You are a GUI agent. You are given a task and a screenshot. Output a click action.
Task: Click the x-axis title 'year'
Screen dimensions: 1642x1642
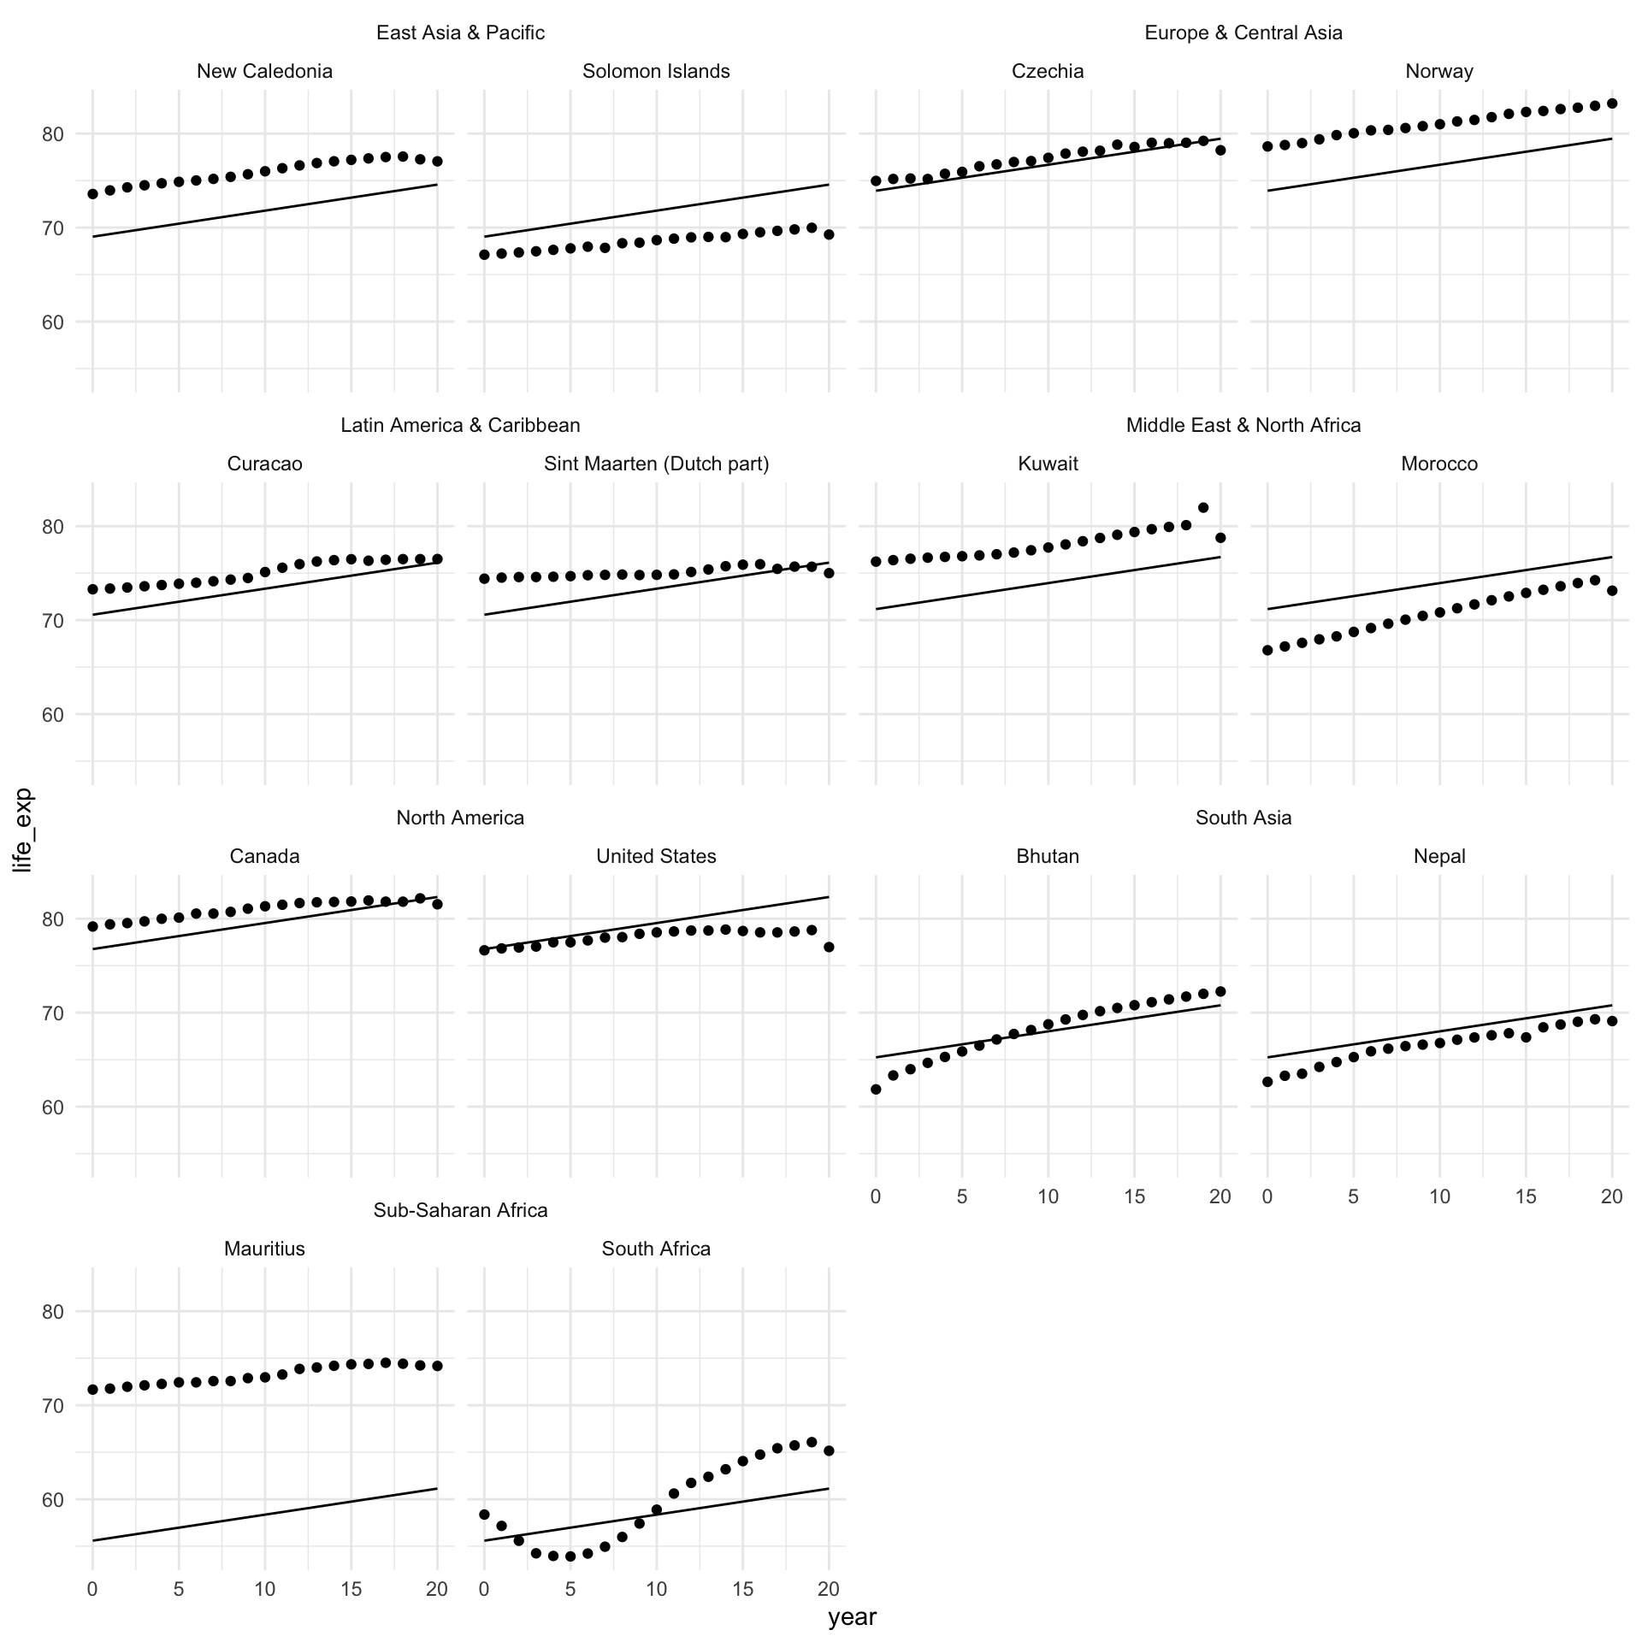pyautogui.click(x=852, y=1617)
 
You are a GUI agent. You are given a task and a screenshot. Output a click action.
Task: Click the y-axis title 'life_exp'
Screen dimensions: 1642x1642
pyautogui.click(x=23, y=830)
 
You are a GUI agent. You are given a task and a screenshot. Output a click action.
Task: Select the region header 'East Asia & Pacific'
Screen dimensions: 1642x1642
pyautogui.click(x=460, y=32)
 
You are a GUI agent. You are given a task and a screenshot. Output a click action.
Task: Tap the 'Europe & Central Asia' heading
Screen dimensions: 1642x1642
pyautogui.click(x=1243, y=32)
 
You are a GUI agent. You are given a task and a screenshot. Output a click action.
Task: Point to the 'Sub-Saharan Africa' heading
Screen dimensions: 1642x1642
pyautogui.click(x=460, y=1210)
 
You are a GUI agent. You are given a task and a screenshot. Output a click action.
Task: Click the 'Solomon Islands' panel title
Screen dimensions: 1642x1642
pyautogui.click(x=656, y=71)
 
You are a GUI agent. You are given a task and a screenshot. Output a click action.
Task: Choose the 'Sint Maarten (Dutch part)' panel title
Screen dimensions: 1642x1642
pyautogui.click(x=656, y=464)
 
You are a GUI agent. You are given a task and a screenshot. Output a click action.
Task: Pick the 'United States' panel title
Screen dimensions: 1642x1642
pyautogui.click(x=656, y=856)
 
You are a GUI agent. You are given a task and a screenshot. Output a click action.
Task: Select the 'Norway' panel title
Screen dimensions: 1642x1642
pyautogui.click(x=1439, y=71)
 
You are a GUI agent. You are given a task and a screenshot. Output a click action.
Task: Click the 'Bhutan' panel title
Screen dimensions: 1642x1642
pyautogui.click(x=1048, y=856)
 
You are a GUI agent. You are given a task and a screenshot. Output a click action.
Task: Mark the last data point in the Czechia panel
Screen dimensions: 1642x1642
pyautogui.click(x=1220, y=150)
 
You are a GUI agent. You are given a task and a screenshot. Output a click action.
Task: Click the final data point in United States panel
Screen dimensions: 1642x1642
pyautogui.click(x=829, y=947)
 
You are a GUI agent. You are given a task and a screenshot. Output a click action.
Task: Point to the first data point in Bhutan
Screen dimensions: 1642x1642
pyautogui.click(x=876, y=1089)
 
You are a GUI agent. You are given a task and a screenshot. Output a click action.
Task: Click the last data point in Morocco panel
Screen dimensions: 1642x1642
pyautogui.click(x=1612, y=590)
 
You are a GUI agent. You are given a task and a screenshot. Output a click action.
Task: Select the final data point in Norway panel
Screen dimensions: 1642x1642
pyautogui.click(x=1612, y=103)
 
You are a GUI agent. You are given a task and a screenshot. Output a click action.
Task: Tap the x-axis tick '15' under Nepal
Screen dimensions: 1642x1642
pyautogui.click(x=1526, y=1196)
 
